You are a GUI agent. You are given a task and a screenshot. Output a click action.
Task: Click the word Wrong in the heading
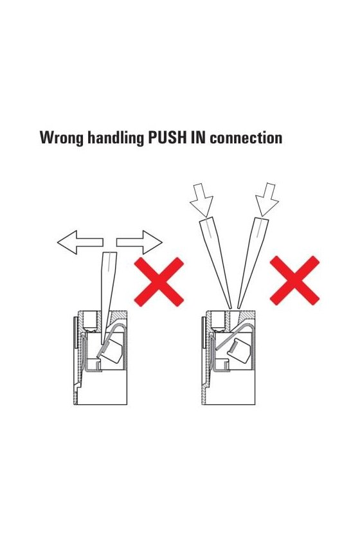(x=61, y=138)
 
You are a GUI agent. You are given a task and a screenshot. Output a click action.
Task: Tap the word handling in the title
(x=115, y=138)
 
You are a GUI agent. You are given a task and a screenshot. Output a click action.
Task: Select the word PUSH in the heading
(x=166, y=138)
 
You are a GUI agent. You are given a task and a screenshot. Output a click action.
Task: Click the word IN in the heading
(x=197, y=138)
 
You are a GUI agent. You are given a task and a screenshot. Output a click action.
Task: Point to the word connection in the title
(x=246, y=138)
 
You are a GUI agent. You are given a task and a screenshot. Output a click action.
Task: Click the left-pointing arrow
(x=80, y=242)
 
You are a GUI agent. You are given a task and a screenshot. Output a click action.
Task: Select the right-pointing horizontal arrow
(x=139, y=242)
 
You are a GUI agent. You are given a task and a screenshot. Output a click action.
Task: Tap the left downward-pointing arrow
(x=202, y=200)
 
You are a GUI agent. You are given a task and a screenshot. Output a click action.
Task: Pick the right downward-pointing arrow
(x=267, y=200)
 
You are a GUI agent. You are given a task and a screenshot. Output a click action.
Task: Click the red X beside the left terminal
(x=159, y=282)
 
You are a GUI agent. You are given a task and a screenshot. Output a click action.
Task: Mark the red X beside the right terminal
(x=294, y=280)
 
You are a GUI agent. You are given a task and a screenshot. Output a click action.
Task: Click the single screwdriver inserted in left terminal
(x=107, y=298)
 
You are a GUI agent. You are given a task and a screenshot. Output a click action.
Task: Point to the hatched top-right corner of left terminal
(x=119, y=316)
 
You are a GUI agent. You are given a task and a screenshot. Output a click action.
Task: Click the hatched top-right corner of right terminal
(x=246, y=316)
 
